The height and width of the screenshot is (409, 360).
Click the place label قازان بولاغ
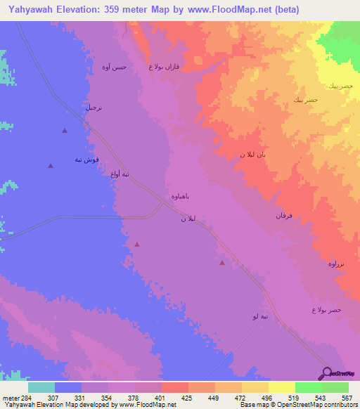(x=165, y=67)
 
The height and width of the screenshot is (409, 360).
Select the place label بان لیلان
(x=251, y=153)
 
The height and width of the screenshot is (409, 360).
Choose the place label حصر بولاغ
(x=326, y=310)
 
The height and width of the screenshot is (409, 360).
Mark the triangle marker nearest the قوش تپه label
(x=50, y=166)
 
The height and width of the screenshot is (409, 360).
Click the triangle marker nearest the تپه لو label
(x=222, y=263)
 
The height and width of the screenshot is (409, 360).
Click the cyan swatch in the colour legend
(x=41, y=387)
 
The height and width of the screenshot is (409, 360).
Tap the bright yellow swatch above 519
(x=282, y=387)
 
